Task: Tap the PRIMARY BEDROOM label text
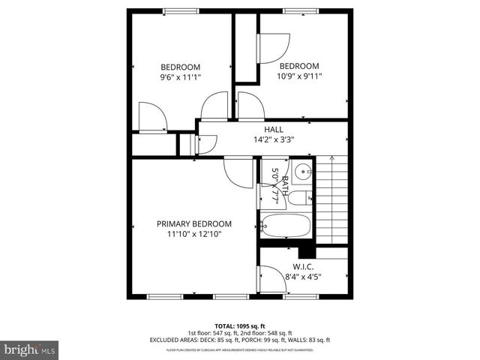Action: (193, 223)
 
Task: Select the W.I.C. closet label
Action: (303, 267)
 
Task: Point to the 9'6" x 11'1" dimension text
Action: (181, 76)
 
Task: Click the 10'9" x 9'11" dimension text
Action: (299, 76)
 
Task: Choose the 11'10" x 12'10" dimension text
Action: (193, 234)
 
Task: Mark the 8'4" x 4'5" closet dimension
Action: (303, 277)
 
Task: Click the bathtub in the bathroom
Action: (284, 225)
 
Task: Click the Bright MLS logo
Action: (29, 349)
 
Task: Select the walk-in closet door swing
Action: (271, 281)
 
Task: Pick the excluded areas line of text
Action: (240, 340)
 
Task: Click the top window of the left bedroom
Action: (178, 10)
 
